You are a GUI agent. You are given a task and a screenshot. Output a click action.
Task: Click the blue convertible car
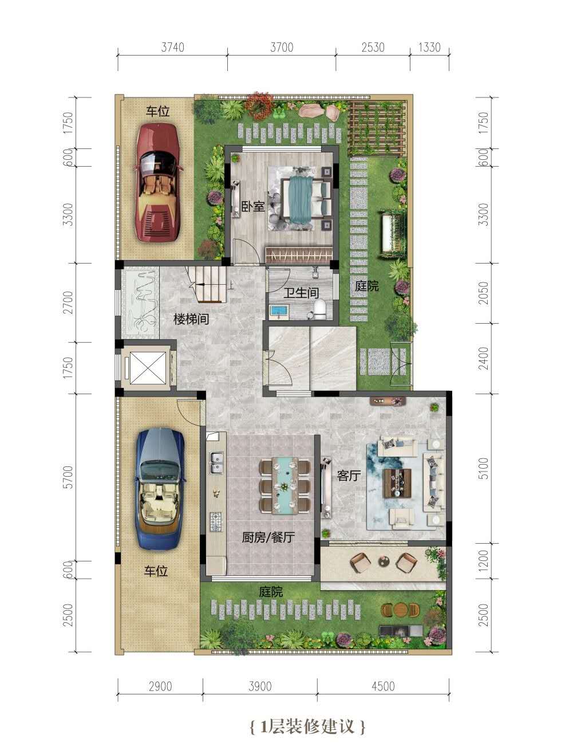click(160, 490)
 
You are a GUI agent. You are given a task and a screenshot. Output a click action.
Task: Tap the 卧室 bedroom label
click(252, 206)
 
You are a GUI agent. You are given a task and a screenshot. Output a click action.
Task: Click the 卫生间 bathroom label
click(301, 293)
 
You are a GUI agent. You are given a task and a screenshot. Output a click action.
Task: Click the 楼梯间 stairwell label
click(191, 319)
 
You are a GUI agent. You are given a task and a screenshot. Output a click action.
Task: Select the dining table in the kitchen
click(284, 484)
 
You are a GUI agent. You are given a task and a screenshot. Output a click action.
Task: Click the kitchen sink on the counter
click(216, 462)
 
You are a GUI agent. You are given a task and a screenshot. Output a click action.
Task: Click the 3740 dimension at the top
click(172, 47)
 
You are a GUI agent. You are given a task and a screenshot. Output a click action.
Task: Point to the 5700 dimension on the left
click(69, 477)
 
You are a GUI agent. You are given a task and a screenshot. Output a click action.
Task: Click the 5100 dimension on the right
click(484, 468)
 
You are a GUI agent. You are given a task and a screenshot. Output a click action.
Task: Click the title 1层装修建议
click(307, 727)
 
